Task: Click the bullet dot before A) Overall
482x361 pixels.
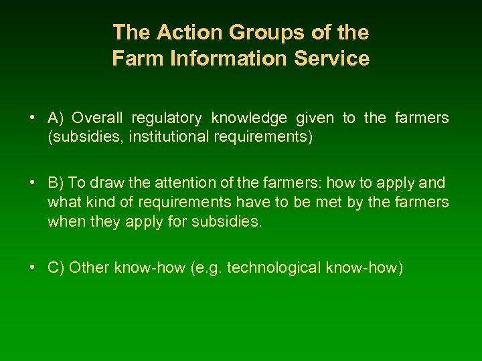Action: click(x=32, y=118)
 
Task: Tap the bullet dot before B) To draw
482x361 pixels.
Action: click(x=32, y=183)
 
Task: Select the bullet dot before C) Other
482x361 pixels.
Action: click(x=32, y=268)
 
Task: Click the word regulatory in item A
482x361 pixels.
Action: click(x=167, y=118)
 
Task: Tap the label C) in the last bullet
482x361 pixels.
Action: click(x=56, y=268)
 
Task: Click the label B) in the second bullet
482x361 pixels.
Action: click(x=56, y=183)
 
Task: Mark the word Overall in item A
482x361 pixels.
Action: click(x=98, y=118)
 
